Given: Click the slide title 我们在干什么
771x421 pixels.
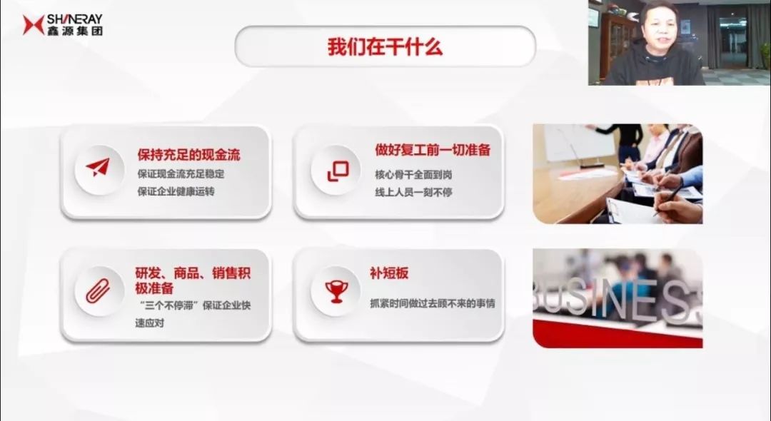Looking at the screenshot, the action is pos(385,47).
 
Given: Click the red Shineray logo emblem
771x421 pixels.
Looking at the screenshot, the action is pos(34,24).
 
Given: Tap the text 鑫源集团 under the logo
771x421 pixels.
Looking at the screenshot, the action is pos(75,31).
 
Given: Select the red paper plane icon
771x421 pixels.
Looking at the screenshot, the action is pos(98,168).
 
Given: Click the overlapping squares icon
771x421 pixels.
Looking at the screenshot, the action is pos(338,171).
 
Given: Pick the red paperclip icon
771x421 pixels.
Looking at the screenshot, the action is pos(98,291).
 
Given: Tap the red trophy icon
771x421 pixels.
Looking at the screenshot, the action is pos(336,291).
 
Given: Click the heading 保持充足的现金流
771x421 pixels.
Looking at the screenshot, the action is pos(188,155).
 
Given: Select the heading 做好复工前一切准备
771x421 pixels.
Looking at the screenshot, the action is pos(433,150).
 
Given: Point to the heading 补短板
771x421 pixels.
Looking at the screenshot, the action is pos(389,273).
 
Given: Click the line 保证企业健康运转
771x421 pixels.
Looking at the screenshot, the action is pos(176,191).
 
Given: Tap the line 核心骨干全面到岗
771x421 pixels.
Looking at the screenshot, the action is pos(413,174).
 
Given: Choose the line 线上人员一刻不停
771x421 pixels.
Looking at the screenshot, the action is pos(413,192).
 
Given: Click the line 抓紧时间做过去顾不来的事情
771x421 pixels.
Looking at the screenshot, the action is pos(432,303).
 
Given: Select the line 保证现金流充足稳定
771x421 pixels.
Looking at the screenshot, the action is pos(181,174).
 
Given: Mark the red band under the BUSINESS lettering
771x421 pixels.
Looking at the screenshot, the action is pos(618,334).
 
